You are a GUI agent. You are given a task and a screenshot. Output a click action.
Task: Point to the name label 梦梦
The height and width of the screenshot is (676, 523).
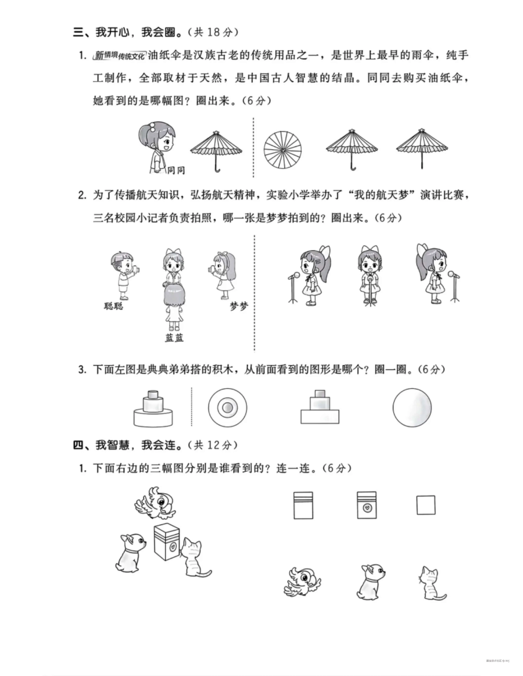pos(239,306)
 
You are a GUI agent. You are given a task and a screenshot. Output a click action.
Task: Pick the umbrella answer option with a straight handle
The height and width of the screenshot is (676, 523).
pos(422,149)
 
